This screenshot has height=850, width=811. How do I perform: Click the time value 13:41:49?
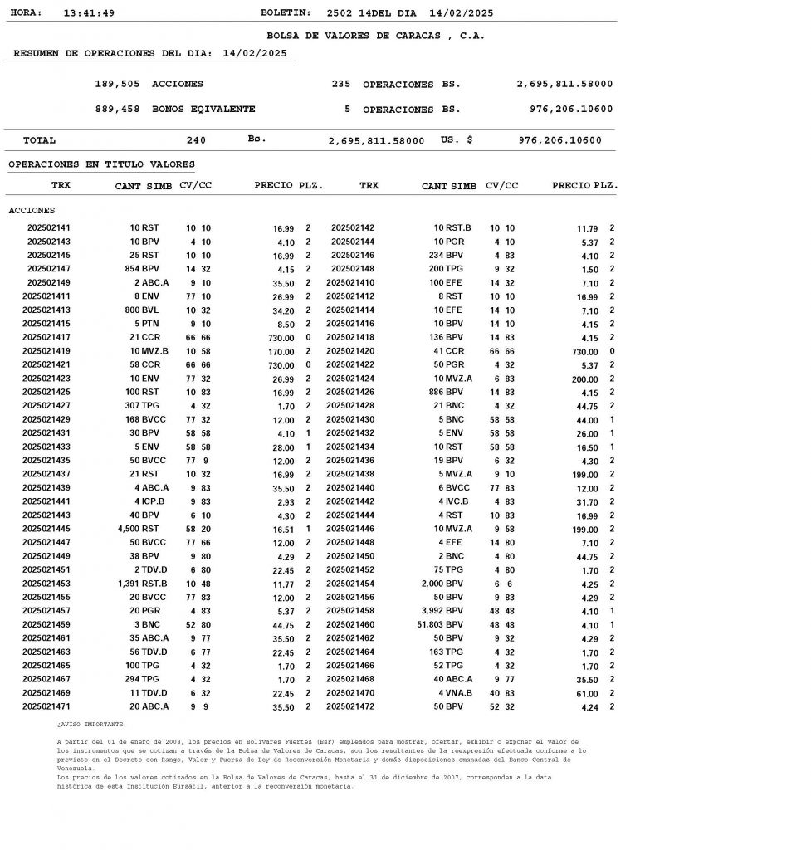click(x=89, y=13)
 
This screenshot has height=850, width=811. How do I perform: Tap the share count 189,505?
click(x=117, y=84)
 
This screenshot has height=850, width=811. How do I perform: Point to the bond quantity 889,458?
click(x=117, y=109)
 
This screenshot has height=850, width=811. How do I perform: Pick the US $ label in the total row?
click(x=457, y=140)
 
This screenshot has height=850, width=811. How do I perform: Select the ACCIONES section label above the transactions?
click(x=32, y=210)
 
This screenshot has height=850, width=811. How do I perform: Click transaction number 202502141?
click(x=49, y=227)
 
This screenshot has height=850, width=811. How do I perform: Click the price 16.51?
click(x=283, y=530)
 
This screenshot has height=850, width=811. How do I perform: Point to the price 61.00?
click(x=587, y=694)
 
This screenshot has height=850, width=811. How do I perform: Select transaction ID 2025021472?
click(x=350, y=707)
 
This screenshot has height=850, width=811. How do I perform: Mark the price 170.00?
click(x=281, y=351)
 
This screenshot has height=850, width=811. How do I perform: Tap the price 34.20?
click(x=283, y=310)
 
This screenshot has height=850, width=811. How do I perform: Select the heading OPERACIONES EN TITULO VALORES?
click(x=101, y=164)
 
